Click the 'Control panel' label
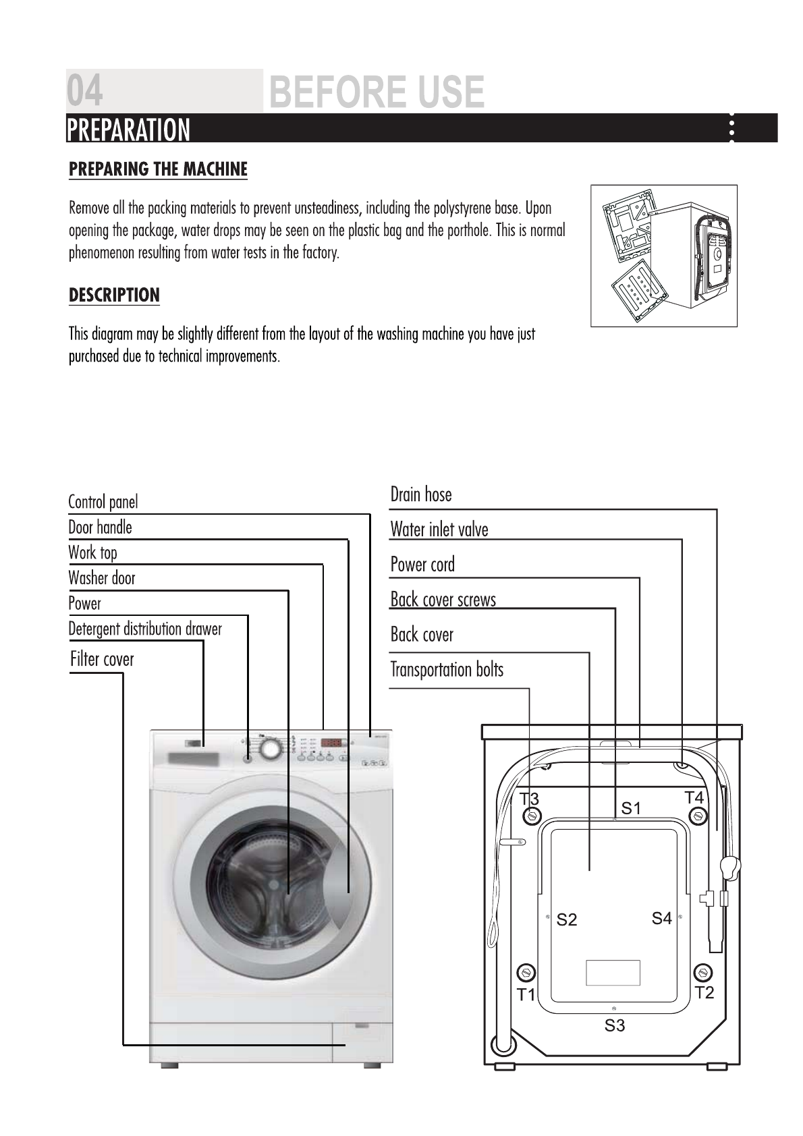103,502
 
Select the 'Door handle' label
101,528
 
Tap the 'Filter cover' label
102,659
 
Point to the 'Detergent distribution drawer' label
145,629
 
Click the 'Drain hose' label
421,494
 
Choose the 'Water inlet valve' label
439,530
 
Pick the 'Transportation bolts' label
447,670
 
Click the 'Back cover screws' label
443,600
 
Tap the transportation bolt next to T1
526,973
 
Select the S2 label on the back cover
567,919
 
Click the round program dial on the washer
270,749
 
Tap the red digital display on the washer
331,743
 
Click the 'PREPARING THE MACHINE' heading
159,169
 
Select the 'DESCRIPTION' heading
115,295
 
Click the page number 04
86,92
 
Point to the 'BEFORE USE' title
377,92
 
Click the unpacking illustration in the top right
663,256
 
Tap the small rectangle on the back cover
613,972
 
